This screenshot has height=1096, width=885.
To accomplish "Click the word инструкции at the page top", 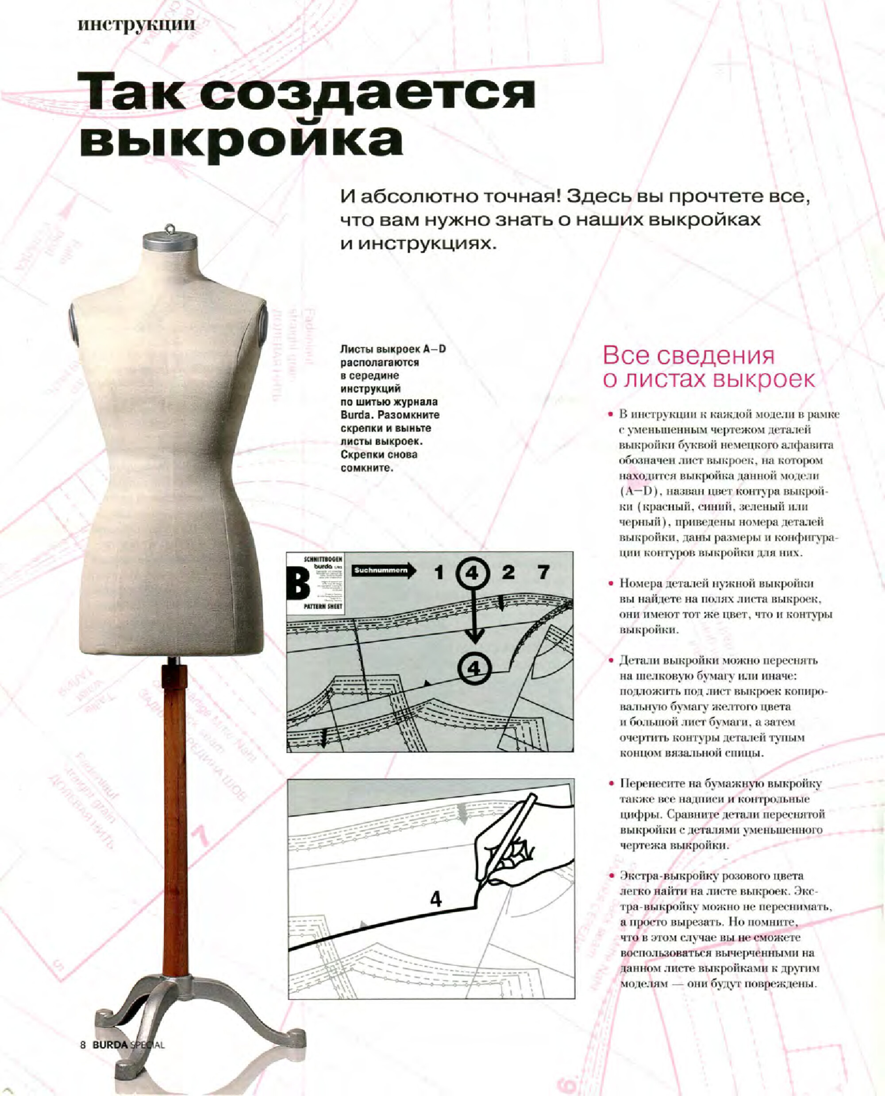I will [x=136, y=24].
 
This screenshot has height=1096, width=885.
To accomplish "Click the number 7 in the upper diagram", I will [x=543, y=573].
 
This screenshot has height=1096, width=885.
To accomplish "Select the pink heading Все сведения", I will [x=688, y=356].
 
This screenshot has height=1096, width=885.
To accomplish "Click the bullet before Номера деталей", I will [x=610, y=583].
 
